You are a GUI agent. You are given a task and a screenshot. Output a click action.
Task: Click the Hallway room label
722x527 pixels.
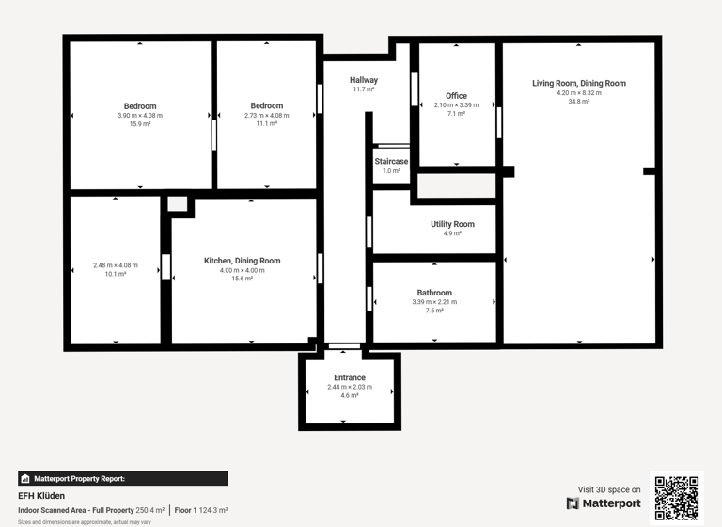coord(364,80)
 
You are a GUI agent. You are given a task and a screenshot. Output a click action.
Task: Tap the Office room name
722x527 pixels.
coord(456,96)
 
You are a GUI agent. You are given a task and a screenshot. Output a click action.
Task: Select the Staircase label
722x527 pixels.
coord(391,162)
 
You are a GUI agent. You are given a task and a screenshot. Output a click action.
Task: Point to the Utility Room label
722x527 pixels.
coord(452,224)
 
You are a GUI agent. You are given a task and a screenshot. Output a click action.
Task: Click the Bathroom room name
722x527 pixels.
coord(434,293)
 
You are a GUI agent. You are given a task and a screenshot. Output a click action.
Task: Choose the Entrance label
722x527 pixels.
coord(350,377)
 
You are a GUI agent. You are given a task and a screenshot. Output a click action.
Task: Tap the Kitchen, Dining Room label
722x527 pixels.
coord(242,261)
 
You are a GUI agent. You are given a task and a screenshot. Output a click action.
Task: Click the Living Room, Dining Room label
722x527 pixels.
coord(578,83)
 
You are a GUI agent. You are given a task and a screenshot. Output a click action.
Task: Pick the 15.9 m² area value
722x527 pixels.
coord(140,124)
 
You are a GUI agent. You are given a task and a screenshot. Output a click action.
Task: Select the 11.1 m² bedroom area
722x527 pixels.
coord(267,124)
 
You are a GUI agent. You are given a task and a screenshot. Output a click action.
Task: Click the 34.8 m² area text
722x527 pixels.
coord(578,102)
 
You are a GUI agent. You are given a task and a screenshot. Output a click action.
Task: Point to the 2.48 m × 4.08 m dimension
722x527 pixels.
coord(116,265)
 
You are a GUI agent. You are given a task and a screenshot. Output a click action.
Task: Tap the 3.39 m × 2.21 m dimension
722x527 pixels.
coord(434,302)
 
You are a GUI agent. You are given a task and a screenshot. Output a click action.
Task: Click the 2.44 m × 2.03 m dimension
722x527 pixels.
coord(350,387)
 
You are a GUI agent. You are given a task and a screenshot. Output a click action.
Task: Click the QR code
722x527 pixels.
coord(677,498)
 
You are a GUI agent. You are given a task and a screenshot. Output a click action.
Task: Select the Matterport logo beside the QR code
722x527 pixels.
coord(604,503)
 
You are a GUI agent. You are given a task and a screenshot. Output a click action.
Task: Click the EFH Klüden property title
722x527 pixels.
coord(41,496)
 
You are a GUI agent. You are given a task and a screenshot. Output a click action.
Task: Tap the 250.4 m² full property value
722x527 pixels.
coord(149,510)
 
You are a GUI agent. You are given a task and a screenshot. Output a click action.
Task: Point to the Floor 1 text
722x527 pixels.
coord(185,510)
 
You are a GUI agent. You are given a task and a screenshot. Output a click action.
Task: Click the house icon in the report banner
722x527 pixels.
coord(25,479)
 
